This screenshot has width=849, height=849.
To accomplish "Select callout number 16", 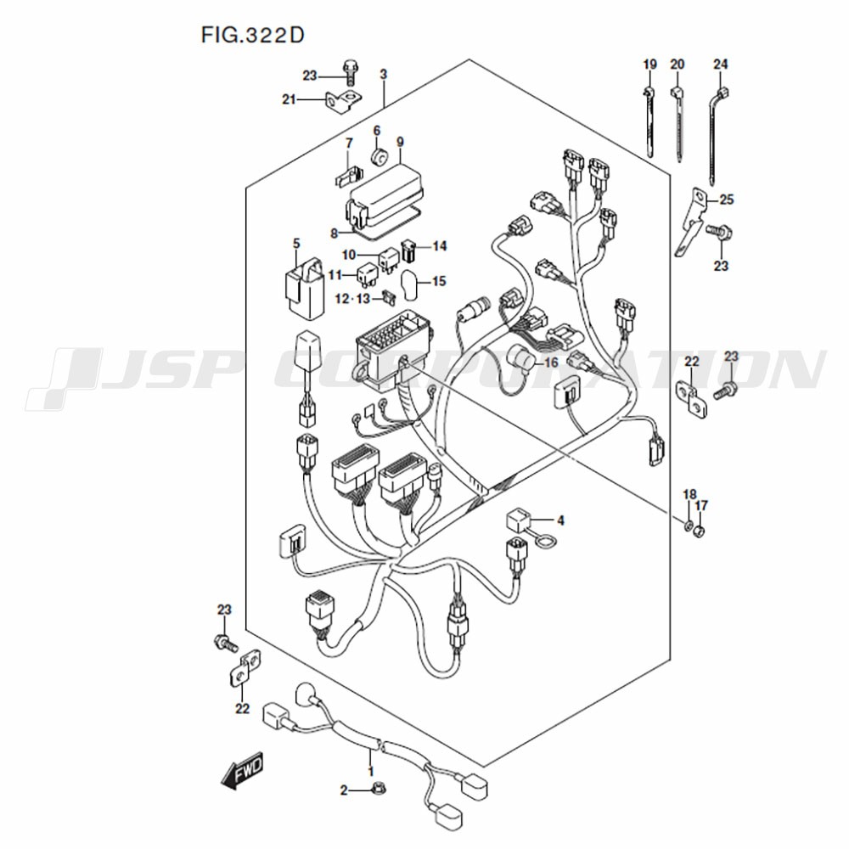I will (551, 363).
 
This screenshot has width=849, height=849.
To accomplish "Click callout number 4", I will (560, 520).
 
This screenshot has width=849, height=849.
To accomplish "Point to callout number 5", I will (296, 245).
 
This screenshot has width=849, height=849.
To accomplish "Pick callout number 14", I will (439, 246).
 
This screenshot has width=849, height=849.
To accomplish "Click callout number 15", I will (438, 281).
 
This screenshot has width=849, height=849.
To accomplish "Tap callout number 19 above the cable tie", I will (649, 65).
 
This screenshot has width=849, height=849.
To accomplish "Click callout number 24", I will (721, 65).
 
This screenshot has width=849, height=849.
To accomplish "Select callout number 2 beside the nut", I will (345, 791).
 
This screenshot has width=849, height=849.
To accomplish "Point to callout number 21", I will (290, 100).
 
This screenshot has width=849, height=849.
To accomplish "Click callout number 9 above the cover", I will (399, 141).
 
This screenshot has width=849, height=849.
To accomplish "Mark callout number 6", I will (377, 131).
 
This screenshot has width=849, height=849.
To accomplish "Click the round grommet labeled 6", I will (380, 157).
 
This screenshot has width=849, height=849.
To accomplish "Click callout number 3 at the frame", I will (383, 76).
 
